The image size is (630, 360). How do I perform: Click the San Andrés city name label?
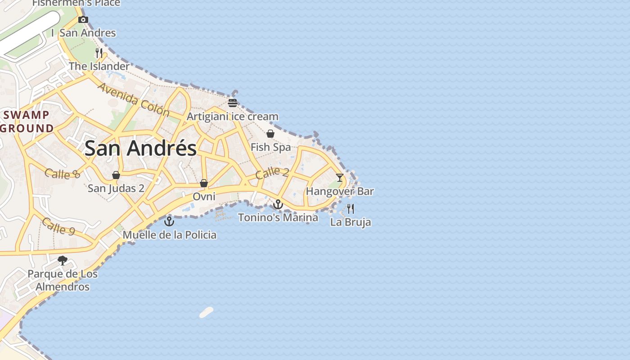point(140,148)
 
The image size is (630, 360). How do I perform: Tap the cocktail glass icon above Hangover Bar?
point(340,178)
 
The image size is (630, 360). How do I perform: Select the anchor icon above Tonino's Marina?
point(278,205)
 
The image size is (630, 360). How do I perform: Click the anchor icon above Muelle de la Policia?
point(169,221)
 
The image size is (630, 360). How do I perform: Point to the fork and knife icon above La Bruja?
point(351,209)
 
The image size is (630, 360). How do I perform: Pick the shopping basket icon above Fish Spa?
point(270,134)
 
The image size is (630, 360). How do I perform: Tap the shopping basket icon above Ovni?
point(204,183)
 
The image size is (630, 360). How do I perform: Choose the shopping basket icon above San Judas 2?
point(116,175)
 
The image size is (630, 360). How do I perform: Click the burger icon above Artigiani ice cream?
point(232,103)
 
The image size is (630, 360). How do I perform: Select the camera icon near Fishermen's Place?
point(83,19)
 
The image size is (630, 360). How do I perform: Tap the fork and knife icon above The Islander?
point(99,53)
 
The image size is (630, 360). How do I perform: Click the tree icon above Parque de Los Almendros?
point(63,260)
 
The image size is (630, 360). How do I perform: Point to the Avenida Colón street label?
point(133,99)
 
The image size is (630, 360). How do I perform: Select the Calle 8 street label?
point(62,173)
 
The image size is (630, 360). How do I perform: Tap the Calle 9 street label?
point(58,226)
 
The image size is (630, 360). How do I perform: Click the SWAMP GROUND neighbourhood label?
point(27,121)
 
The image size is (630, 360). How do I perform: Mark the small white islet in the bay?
point(206,312)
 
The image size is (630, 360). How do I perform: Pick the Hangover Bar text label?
point(340,191)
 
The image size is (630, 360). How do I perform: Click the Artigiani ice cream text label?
point(232,117)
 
